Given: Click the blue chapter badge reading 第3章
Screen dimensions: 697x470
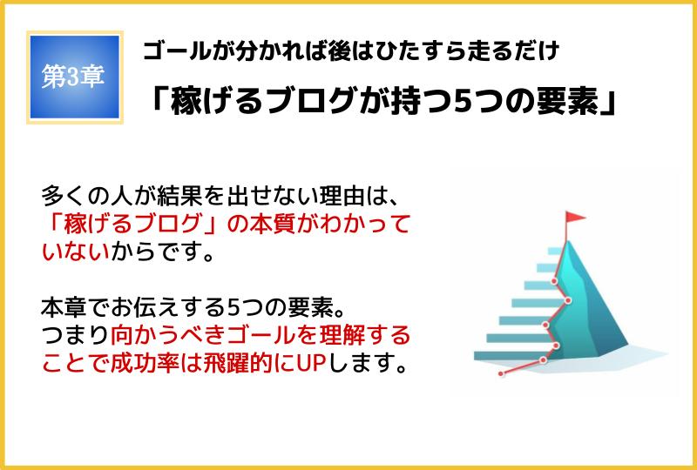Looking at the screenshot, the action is tap(75, 77).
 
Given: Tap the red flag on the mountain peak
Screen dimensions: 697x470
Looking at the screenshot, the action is tap(575, 218).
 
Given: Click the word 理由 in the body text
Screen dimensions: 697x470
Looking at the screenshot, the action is tap(342, 196).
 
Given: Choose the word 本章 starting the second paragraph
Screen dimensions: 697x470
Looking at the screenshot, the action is tap(64, 308).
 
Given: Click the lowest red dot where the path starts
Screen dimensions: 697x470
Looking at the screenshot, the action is tap(501, 373).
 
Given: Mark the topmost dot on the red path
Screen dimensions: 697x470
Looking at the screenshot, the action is tap(554, 281).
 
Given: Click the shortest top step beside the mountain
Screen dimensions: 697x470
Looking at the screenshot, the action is tap(556, 251).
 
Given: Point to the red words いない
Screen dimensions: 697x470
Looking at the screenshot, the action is tap(76, 252).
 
